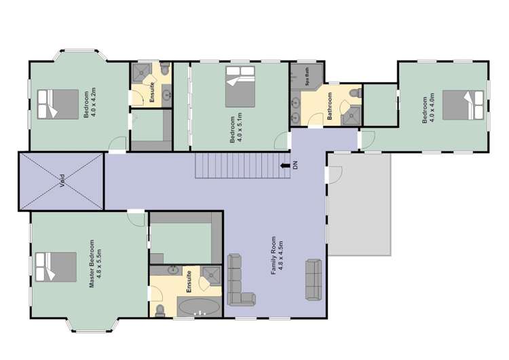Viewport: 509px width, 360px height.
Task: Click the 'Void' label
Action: (x=62, y=181)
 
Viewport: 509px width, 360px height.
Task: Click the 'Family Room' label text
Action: (x=274, y=255)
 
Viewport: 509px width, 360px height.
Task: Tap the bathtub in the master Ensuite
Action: (x=199, y=307)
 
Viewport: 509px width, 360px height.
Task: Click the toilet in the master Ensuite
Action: (x=160, y=310)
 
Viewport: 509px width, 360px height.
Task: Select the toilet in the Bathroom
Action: (x=353, y=92)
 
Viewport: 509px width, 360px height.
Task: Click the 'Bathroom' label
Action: (x=329, y=107)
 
